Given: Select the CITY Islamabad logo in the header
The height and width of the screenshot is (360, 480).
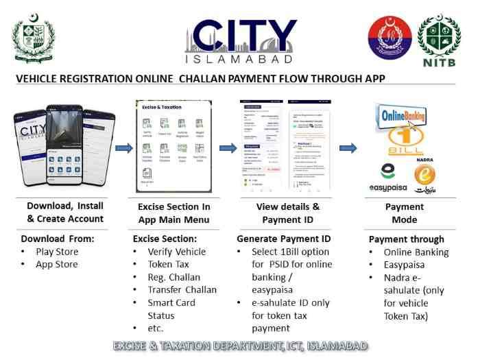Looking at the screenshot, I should click(x=241, y=41).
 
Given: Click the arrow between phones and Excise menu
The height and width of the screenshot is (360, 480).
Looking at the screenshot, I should click(x=124, y=147).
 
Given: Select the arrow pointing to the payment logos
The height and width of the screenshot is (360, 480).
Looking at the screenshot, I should click(x=348, y=147).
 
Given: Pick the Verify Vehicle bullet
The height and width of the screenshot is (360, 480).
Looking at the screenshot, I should click(x=176, y=252).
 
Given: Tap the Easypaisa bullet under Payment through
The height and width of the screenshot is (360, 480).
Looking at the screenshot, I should click(x=407, y=265).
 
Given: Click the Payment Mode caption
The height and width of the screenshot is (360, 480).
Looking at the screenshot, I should click(x=405, y=213).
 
